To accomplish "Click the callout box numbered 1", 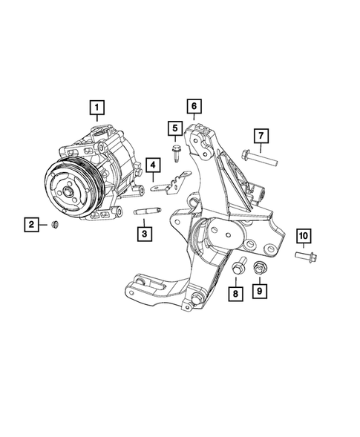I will tap(96, 110).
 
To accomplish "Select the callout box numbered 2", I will tap(32, 223).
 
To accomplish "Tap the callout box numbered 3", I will tap(145, 234).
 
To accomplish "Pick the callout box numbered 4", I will tap(152, 165).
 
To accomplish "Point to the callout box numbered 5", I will tap(174, 131).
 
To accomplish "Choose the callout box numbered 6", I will tap(193, 108).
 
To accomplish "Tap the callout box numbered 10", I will tap(304, 237).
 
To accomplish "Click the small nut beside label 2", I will tap(56, 224).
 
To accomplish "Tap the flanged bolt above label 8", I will tap(240, 267).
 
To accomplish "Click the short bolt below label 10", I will tap(305, 257).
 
